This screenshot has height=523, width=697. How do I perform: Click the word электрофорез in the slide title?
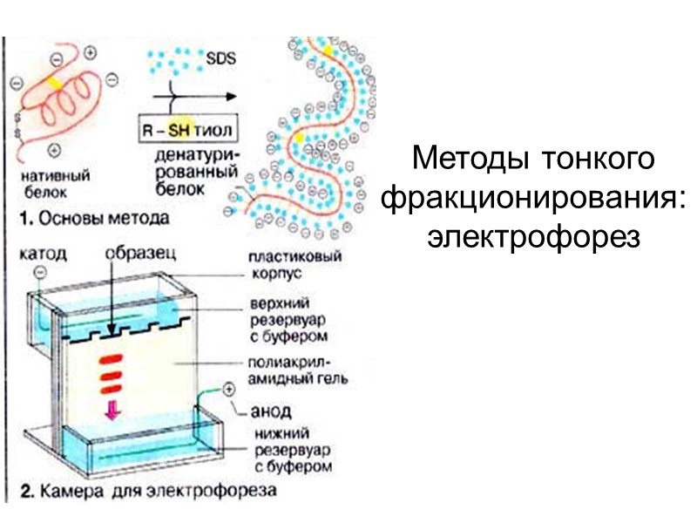pyautogui.click(x=534, y=235)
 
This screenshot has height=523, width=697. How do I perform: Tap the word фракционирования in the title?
pyautogui.click(x=534, y=198)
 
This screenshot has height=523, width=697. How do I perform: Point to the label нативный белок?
pyautogui.click(x=53, y=183)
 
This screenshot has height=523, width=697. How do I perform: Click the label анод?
pyautogui.click(x=271, y=410)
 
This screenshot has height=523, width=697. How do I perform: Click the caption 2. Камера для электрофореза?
pyautogui.click(x=148, y=491)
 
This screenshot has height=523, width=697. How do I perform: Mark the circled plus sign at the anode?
pyautogui.click(x=229, y=389)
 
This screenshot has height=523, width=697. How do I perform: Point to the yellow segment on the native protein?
pyautogui.click(x=55, y=82)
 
